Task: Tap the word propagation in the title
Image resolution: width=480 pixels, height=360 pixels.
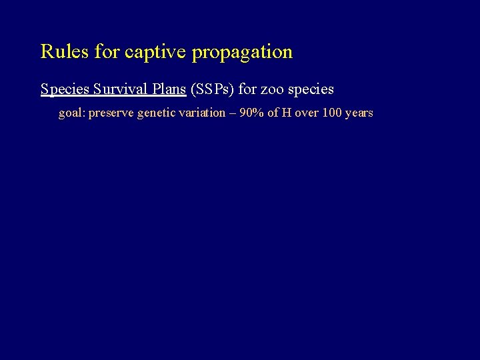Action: (x=242, y=53)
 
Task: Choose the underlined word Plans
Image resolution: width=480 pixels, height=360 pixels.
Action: (x=169, y=89)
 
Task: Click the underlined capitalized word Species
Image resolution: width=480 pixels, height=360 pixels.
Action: (x=65, y=89)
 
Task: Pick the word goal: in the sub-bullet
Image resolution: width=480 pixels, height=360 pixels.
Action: (x=72, y=113)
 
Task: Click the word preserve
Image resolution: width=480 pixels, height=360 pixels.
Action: (x=111, y=113)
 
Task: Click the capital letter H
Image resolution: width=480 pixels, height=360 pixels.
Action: (x=287, y=113)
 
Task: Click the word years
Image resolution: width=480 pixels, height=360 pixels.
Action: (x=361, y=113)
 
